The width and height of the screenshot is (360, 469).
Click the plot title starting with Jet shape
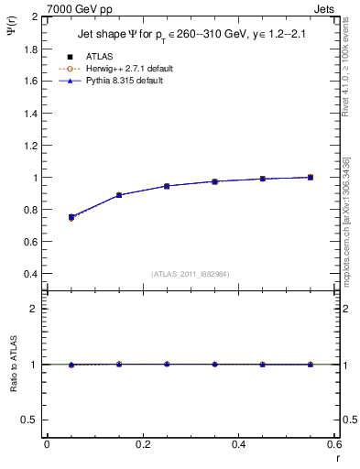point(184,36)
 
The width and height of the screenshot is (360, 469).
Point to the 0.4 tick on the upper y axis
point(32,274)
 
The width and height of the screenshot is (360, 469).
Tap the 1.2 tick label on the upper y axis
point(32,146)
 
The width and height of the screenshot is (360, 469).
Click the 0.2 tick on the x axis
point(142,444)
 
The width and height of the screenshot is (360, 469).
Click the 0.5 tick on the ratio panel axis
point(32,420)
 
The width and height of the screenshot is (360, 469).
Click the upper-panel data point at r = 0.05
point(71,217)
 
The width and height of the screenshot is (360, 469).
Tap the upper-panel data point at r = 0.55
point(311,177)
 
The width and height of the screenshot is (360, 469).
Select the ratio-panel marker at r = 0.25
point(167,364)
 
